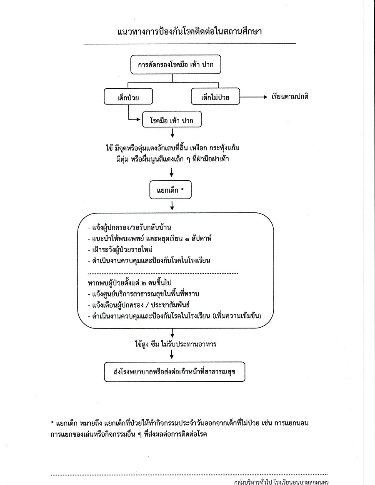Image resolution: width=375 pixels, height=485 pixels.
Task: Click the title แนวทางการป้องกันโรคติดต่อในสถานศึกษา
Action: coord(190,32)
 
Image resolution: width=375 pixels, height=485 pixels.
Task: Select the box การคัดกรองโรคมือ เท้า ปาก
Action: coord(175,65)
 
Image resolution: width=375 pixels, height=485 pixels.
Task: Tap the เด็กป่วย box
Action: coord(128,97)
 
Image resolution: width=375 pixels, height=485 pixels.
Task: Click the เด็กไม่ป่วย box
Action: coord(215,97)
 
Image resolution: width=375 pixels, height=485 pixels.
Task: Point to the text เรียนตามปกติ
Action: coord(290,97)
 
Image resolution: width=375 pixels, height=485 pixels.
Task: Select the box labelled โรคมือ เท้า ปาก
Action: coord(172,120)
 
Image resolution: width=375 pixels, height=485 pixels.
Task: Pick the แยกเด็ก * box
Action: coord(170,189)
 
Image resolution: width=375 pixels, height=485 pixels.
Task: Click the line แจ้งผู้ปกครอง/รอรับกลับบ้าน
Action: coord(129,228)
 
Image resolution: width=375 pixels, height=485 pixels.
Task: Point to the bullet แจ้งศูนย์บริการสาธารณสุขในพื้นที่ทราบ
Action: coord(143,293)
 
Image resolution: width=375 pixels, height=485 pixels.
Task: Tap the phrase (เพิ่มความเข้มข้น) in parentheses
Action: coord(237,316)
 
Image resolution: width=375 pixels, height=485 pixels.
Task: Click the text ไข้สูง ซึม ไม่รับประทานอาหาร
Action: coord(175,344)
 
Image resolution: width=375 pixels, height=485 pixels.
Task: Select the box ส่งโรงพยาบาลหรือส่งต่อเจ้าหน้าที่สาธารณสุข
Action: coord(175,371)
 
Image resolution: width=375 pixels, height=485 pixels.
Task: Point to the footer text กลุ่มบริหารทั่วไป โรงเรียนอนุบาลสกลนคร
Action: coord(282,481)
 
